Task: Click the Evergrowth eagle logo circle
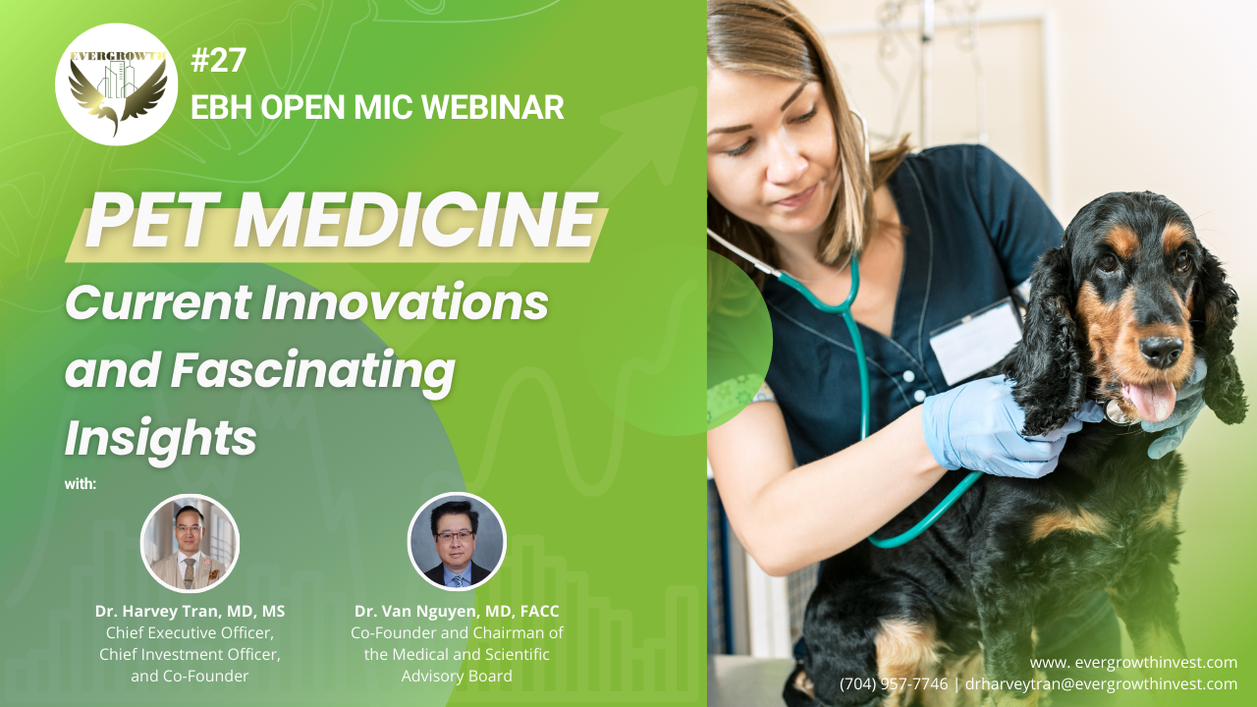point(117,84)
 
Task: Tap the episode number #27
point(218,60)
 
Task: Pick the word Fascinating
point(312,371)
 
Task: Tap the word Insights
point(161,439)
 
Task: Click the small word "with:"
point(81,484)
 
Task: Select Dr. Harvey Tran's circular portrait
point(190,543)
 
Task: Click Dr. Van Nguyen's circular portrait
point(457,542)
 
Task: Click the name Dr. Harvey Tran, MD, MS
point(190,611)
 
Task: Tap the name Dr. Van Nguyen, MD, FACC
point(457,611)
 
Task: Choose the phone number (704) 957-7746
point(894,684)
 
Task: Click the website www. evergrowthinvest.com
point(1133,663)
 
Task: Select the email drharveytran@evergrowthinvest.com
point(1101,684)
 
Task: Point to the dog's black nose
point(1161,352)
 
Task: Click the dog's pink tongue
point(1152,400)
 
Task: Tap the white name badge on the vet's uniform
point(976,342)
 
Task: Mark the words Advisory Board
point(457,677)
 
